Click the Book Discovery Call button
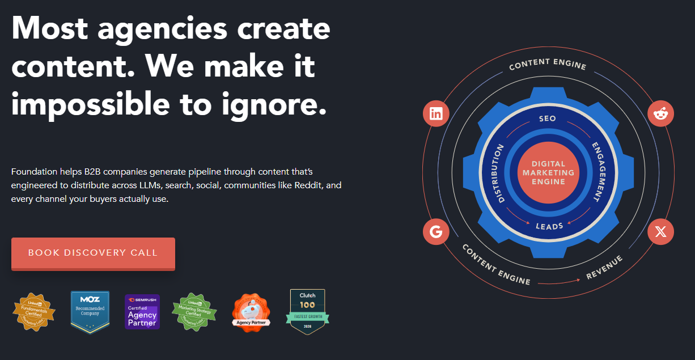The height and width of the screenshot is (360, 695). coord(93,253)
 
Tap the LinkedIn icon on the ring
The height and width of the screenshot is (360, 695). coord(436,113)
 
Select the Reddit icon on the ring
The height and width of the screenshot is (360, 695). coord(660,114)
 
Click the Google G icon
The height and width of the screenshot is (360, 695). coord(436,231)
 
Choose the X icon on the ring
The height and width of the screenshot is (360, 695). coord(660,231)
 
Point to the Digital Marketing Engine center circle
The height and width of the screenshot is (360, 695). coord(548,172)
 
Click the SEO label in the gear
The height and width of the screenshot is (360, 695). coord(548,119)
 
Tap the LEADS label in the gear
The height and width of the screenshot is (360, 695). coord(549,226)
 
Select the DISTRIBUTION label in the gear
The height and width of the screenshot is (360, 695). coord(499,173)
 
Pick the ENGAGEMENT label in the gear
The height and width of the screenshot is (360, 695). coord(599,172)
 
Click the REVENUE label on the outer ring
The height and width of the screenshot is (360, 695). coord(604,267)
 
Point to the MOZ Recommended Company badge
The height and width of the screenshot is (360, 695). coord(91,311)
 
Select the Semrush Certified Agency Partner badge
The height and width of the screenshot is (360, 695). coord(142,311)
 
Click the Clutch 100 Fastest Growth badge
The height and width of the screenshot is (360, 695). coord(307,311)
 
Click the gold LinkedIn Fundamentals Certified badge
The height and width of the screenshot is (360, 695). coord(35,311)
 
